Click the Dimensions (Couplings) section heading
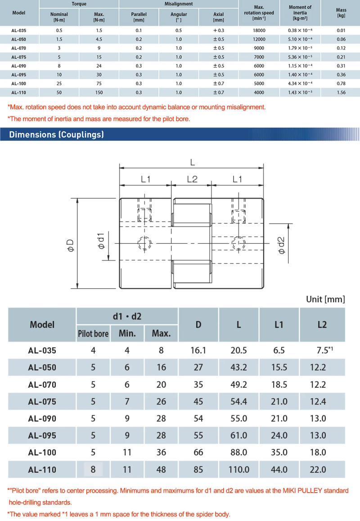(x=57, y=134)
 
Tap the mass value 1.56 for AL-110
(x=341, y=92)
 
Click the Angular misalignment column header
(x=179, y=17)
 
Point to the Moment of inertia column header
(x=300, y=13)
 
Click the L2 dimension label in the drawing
(x=192, y=179)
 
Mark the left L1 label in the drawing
(x=146, y=179)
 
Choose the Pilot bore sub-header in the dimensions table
(x=93, y=334)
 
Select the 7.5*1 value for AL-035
(x=322, y=350)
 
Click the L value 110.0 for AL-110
(x=238, y=470)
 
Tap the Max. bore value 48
(x=161, y=470)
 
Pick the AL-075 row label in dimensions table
(x=42, y=401)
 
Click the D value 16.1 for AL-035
(x=198, y=350)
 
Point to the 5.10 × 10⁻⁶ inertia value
(x=300, y=39)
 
